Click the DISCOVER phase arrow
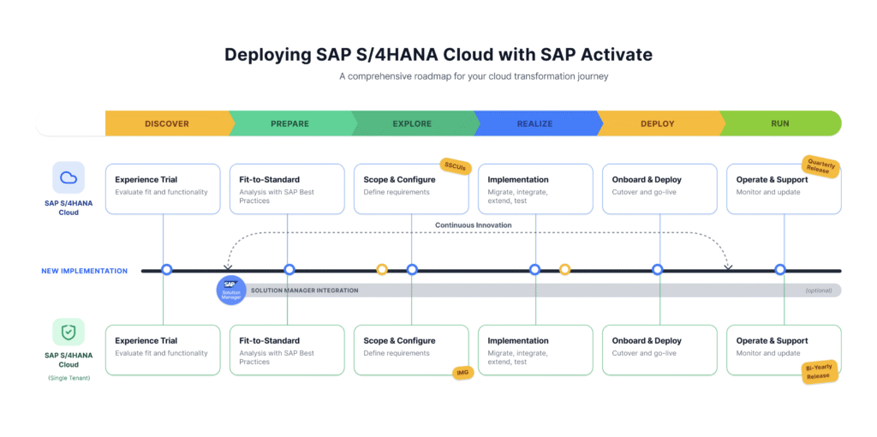point(167,123)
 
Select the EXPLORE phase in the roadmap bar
point(412,123)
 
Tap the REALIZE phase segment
point(534,123)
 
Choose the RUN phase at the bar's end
point(780,123)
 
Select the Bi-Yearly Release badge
point(820,372)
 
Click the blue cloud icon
point(69,178)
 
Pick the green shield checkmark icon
point(69,332)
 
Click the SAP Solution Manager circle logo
point(231,290)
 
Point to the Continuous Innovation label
point(473,225)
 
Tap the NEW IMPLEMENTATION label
point(85,271)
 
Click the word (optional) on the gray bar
point(818,290)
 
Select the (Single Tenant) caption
point(69,378)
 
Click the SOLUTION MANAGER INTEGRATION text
point(304,290)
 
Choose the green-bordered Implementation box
point(536,350)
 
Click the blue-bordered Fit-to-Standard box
point(287,189)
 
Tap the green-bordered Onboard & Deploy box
point(660,350)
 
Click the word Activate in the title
point(618,55)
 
